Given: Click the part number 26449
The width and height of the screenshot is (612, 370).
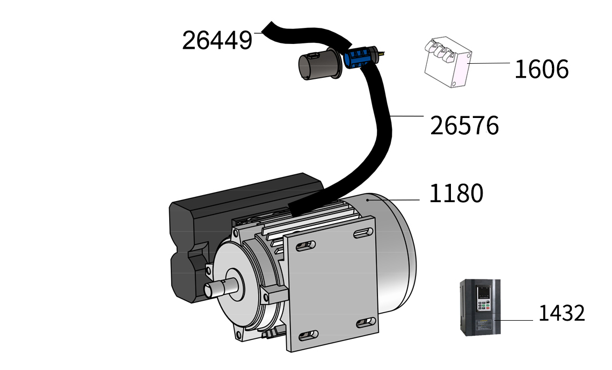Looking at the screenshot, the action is point(217,40).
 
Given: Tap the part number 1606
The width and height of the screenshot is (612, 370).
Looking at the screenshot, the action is point(541,69).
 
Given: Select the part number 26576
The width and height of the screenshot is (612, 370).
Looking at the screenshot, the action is point(464,125).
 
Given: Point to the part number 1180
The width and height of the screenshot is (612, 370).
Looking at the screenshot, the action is point(456,193).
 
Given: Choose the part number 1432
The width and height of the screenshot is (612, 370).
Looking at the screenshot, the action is point(562,313).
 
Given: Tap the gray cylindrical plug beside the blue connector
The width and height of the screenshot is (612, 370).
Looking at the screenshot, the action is point(320,64).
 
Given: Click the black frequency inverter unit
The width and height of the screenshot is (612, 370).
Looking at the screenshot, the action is point(480,307).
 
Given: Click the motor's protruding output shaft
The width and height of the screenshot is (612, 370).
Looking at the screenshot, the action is point(221,288).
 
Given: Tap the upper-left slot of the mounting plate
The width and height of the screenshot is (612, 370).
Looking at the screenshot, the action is point(305,246).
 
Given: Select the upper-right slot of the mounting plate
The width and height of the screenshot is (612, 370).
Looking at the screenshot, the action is point(363,233).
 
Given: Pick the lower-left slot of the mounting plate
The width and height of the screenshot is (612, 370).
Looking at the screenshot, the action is point(308,335).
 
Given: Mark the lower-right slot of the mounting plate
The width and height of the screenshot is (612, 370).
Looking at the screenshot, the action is point(366,322).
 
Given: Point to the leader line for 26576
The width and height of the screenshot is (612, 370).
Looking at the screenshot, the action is point(406,116).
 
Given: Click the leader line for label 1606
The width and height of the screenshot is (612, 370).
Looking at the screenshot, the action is point(489,63).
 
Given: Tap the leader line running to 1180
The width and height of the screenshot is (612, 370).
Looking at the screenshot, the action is point(393,199).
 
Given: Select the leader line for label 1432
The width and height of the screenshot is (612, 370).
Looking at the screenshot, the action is point(514,320).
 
